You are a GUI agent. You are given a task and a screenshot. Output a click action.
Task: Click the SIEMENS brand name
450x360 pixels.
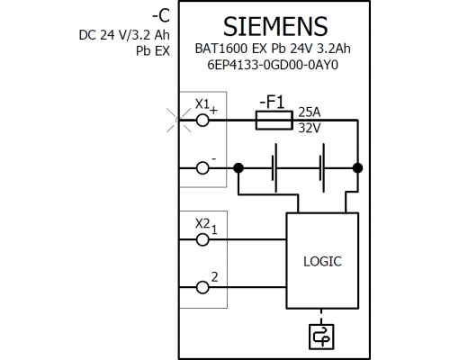[275, 26]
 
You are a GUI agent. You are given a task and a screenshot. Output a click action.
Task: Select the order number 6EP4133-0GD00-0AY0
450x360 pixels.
[273, 65]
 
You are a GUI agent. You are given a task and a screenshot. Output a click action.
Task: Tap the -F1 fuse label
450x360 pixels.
[272, 102]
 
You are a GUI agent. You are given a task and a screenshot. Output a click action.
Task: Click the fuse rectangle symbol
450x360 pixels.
[274, 121]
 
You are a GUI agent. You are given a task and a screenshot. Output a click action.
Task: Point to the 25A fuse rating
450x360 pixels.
[310, 112]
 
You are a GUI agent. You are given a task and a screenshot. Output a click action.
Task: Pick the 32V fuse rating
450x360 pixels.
[310, 129]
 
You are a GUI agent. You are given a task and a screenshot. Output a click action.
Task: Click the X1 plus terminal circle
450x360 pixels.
[202, 121]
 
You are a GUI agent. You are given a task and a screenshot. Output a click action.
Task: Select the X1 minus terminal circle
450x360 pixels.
[202, 168]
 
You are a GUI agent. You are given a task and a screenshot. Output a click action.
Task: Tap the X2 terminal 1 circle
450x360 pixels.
[202, 239]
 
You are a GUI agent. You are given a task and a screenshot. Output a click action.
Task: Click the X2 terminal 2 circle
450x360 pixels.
[202, 287]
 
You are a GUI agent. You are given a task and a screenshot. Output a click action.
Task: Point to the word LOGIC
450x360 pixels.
[322, 262]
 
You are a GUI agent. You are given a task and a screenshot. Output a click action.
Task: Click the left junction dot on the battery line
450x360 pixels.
[238, 168]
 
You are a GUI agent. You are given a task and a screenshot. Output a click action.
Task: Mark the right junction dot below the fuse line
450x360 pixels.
[357, 168]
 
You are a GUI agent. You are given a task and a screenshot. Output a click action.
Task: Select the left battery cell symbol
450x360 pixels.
[274, 168]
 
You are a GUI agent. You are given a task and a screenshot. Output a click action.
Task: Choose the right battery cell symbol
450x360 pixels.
[322, 168]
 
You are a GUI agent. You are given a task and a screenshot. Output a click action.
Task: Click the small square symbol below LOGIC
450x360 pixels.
[321, 337]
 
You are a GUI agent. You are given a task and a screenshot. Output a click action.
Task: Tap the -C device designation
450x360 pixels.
[161, 16]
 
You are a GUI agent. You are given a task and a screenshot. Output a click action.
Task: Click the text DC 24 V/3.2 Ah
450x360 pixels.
[124, 35]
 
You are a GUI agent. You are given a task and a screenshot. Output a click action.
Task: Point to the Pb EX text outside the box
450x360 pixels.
[153, 51]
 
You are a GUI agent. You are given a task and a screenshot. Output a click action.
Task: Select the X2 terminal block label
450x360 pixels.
[202, 223]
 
